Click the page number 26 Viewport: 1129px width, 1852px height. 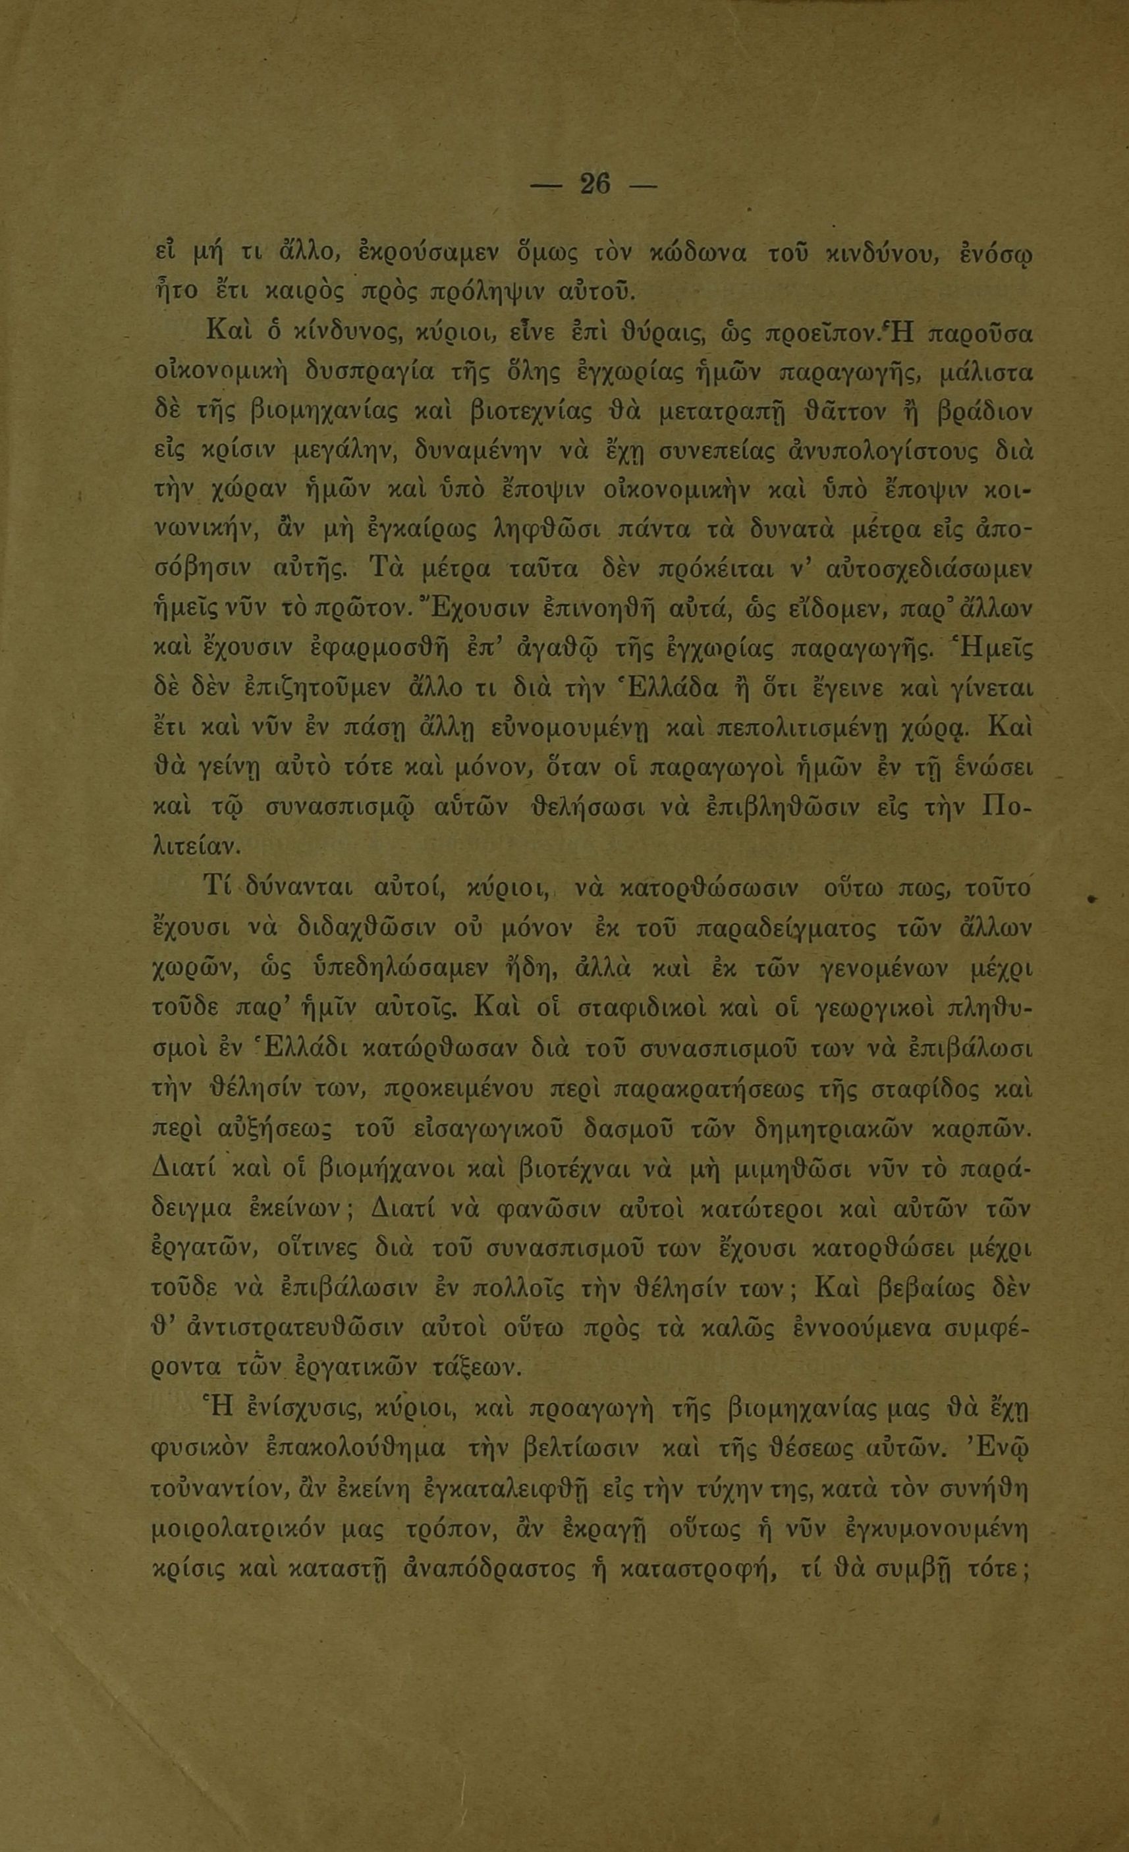pyautogui.click(x=595, y=184)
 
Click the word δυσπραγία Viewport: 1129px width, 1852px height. pyautogui.click(x=389, y=372)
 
